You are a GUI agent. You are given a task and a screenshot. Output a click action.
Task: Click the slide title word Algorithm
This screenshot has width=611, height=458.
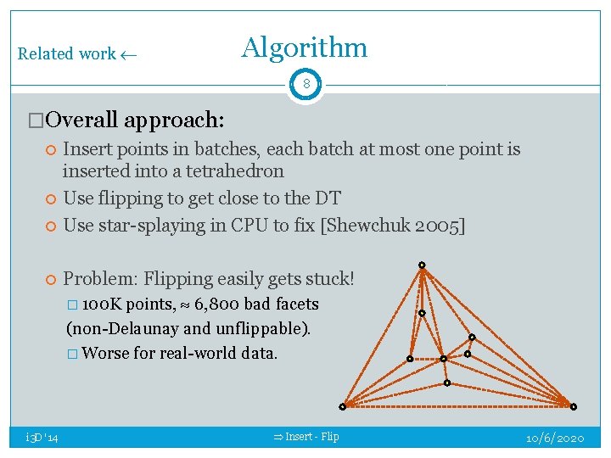304,48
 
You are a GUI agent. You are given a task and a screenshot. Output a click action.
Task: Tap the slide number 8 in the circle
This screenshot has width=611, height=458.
305,84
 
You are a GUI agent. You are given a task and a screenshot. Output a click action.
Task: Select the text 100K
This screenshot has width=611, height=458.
104,304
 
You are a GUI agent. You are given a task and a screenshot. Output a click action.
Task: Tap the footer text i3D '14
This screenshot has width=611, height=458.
42,437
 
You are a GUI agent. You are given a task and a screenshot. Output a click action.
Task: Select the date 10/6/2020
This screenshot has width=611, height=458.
555,437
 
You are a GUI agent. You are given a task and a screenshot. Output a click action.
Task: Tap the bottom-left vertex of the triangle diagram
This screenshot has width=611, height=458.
343,406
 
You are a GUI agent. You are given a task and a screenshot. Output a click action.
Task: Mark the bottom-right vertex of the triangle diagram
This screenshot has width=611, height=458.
573,406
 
